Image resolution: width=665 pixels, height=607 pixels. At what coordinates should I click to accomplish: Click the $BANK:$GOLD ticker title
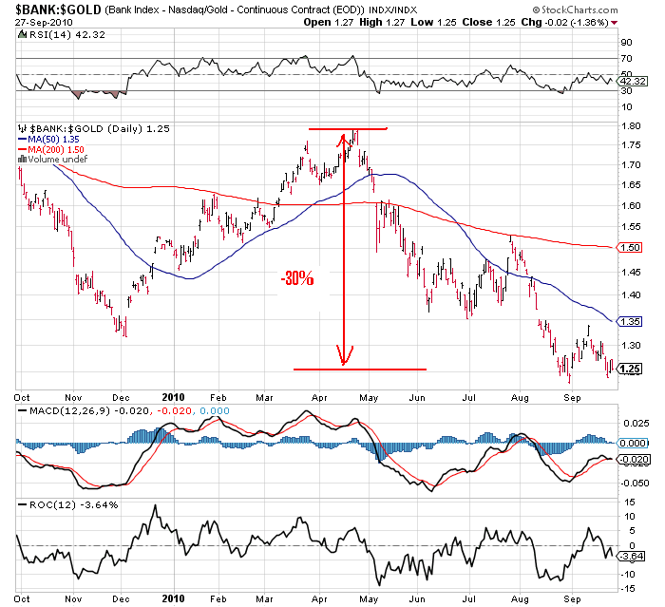pos(45,8)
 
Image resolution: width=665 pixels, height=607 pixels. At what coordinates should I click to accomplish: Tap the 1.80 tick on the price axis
pos(629,125)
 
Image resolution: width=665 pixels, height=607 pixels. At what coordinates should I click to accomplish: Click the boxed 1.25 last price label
pos(629,370)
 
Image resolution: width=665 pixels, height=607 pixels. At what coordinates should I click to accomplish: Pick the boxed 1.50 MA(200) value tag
pos(629,247)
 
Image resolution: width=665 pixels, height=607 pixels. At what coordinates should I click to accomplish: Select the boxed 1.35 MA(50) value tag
pos(629,321)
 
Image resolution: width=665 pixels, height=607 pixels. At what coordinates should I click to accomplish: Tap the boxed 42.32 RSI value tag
pos(632,81)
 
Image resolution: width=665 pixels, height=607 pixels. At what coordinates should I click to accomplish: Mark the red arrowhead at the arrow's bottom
pos(344,358)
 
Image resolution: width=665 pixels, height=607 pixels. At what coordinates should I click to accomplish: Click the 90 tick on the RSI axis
pos(626,43)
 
